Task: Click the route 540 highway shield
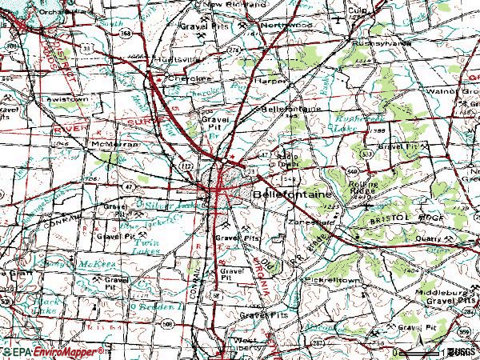(353, 171)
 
